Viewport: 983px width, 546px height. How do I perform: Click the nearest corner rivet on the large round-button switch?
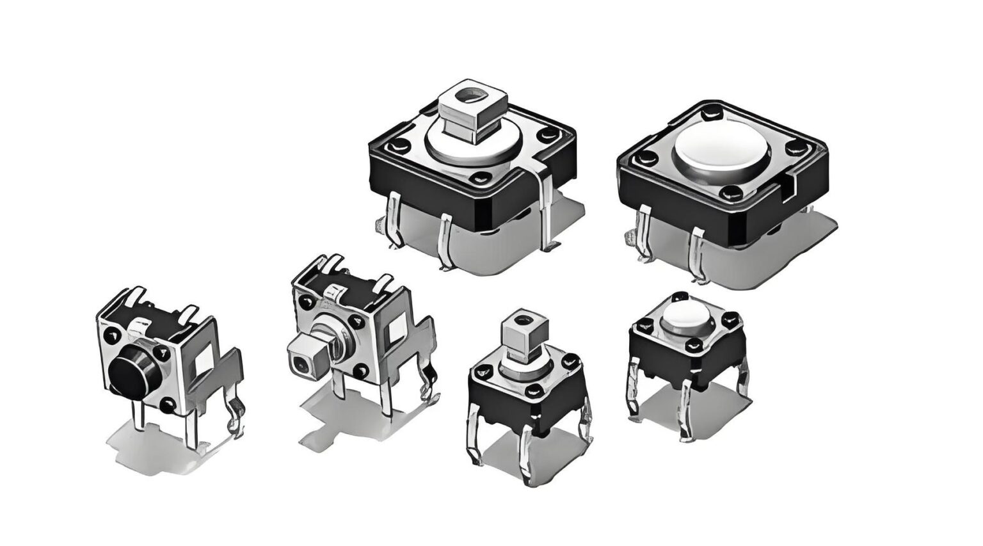click(x=726, y=192)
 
